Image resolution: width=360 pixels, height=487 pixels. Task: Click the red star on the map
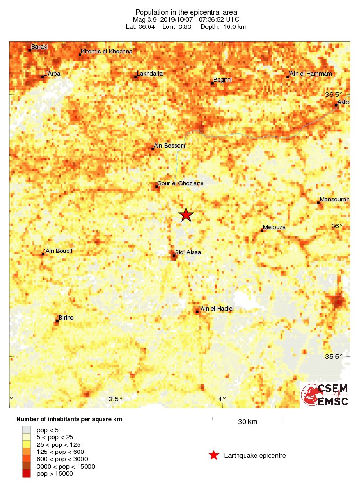coord(186,215)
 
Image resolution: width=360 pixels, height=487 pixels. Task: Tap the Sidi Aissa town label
coord(188,252)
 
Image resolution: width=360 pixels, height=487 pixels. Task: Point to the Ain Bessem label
coord(170,146)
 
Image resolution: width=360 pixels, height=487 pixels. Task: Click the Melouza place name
coord(275,227)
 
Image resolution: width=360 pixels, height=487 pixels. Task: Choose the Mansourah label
coord(334,200)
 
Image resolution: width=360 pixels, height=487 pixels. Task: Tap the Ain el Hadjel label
coord(217,309)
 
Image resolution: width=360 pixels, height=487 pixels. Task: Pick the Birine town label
coord(66,318)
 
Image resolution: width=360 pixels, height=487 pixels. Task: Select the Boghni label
coord(223,80)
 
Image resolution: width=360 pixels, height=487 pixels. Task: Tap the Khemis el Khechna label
coord(107,51)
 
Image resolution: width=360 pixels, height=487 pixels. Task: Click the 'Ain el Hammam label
coord(310,74)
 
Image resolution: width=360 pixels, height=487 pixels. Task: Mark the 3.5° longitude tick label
coord(115,399)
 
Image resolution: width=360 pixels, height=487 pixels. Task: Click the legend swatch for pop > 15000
coord(26,474)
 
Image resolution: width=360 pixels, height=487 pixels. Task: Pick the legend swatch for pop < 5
coord(26,429)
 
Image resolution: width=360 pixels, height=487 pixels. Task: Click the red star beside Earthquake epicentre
coord(214,455)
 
